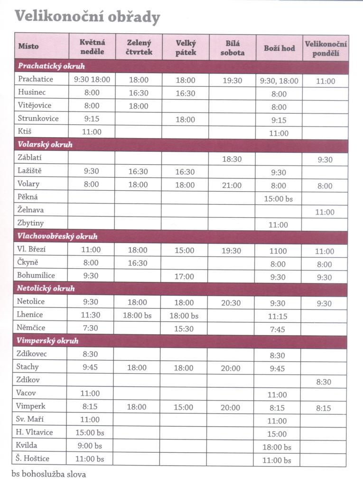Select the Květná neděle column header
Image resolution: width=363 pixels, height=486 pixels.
tap(92, 47)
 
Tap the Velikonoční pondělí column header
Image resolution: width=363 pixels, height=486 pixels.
tap(326, 48)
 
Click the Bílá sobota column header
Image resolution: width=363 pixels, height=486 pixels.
tap(232, 47)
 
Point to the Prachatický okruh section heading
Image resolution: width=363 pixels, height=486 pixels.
tap(51, 66)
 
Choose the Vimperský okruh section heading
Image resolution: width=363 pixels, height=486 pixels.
tap(47, 341)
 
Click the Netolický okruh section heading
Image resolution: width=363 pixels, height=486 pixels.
tap(46, 288)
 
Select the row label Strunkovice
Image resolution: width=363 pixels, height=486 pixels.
tap(38, 119)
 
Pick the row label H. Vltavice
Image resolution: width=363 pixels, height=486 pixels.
tap(36, 432)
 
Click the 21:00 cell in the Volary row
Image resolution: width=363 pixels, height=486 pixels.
tap(232, 186)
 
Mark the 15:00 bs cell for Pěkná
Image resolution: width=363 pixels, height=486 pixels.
tap(278, 199)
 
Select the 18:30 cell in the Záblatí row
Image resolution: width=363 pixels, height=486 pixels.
tap(232, 159)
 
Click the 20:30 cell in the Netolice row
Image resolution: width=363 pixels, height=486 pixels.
tap(232, 303)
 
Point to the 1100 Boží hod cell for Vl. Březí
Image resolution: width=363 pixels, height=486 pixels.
tap(279, 251)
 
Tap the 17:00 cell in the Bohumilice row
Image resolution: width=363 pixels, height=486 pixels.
tap(185, 276)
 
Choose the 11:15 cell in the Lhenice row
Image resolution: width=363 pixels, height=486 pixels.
tap(279, 316)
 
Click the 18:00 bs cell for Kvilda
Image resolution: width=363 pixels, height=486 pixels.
tap(278, 447)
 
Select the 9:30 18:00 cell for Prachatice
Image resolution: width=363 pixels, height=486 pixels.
tap(92, 80)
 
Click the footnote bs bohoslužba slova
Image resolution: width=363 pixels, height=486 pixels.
tap(49, 474)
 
